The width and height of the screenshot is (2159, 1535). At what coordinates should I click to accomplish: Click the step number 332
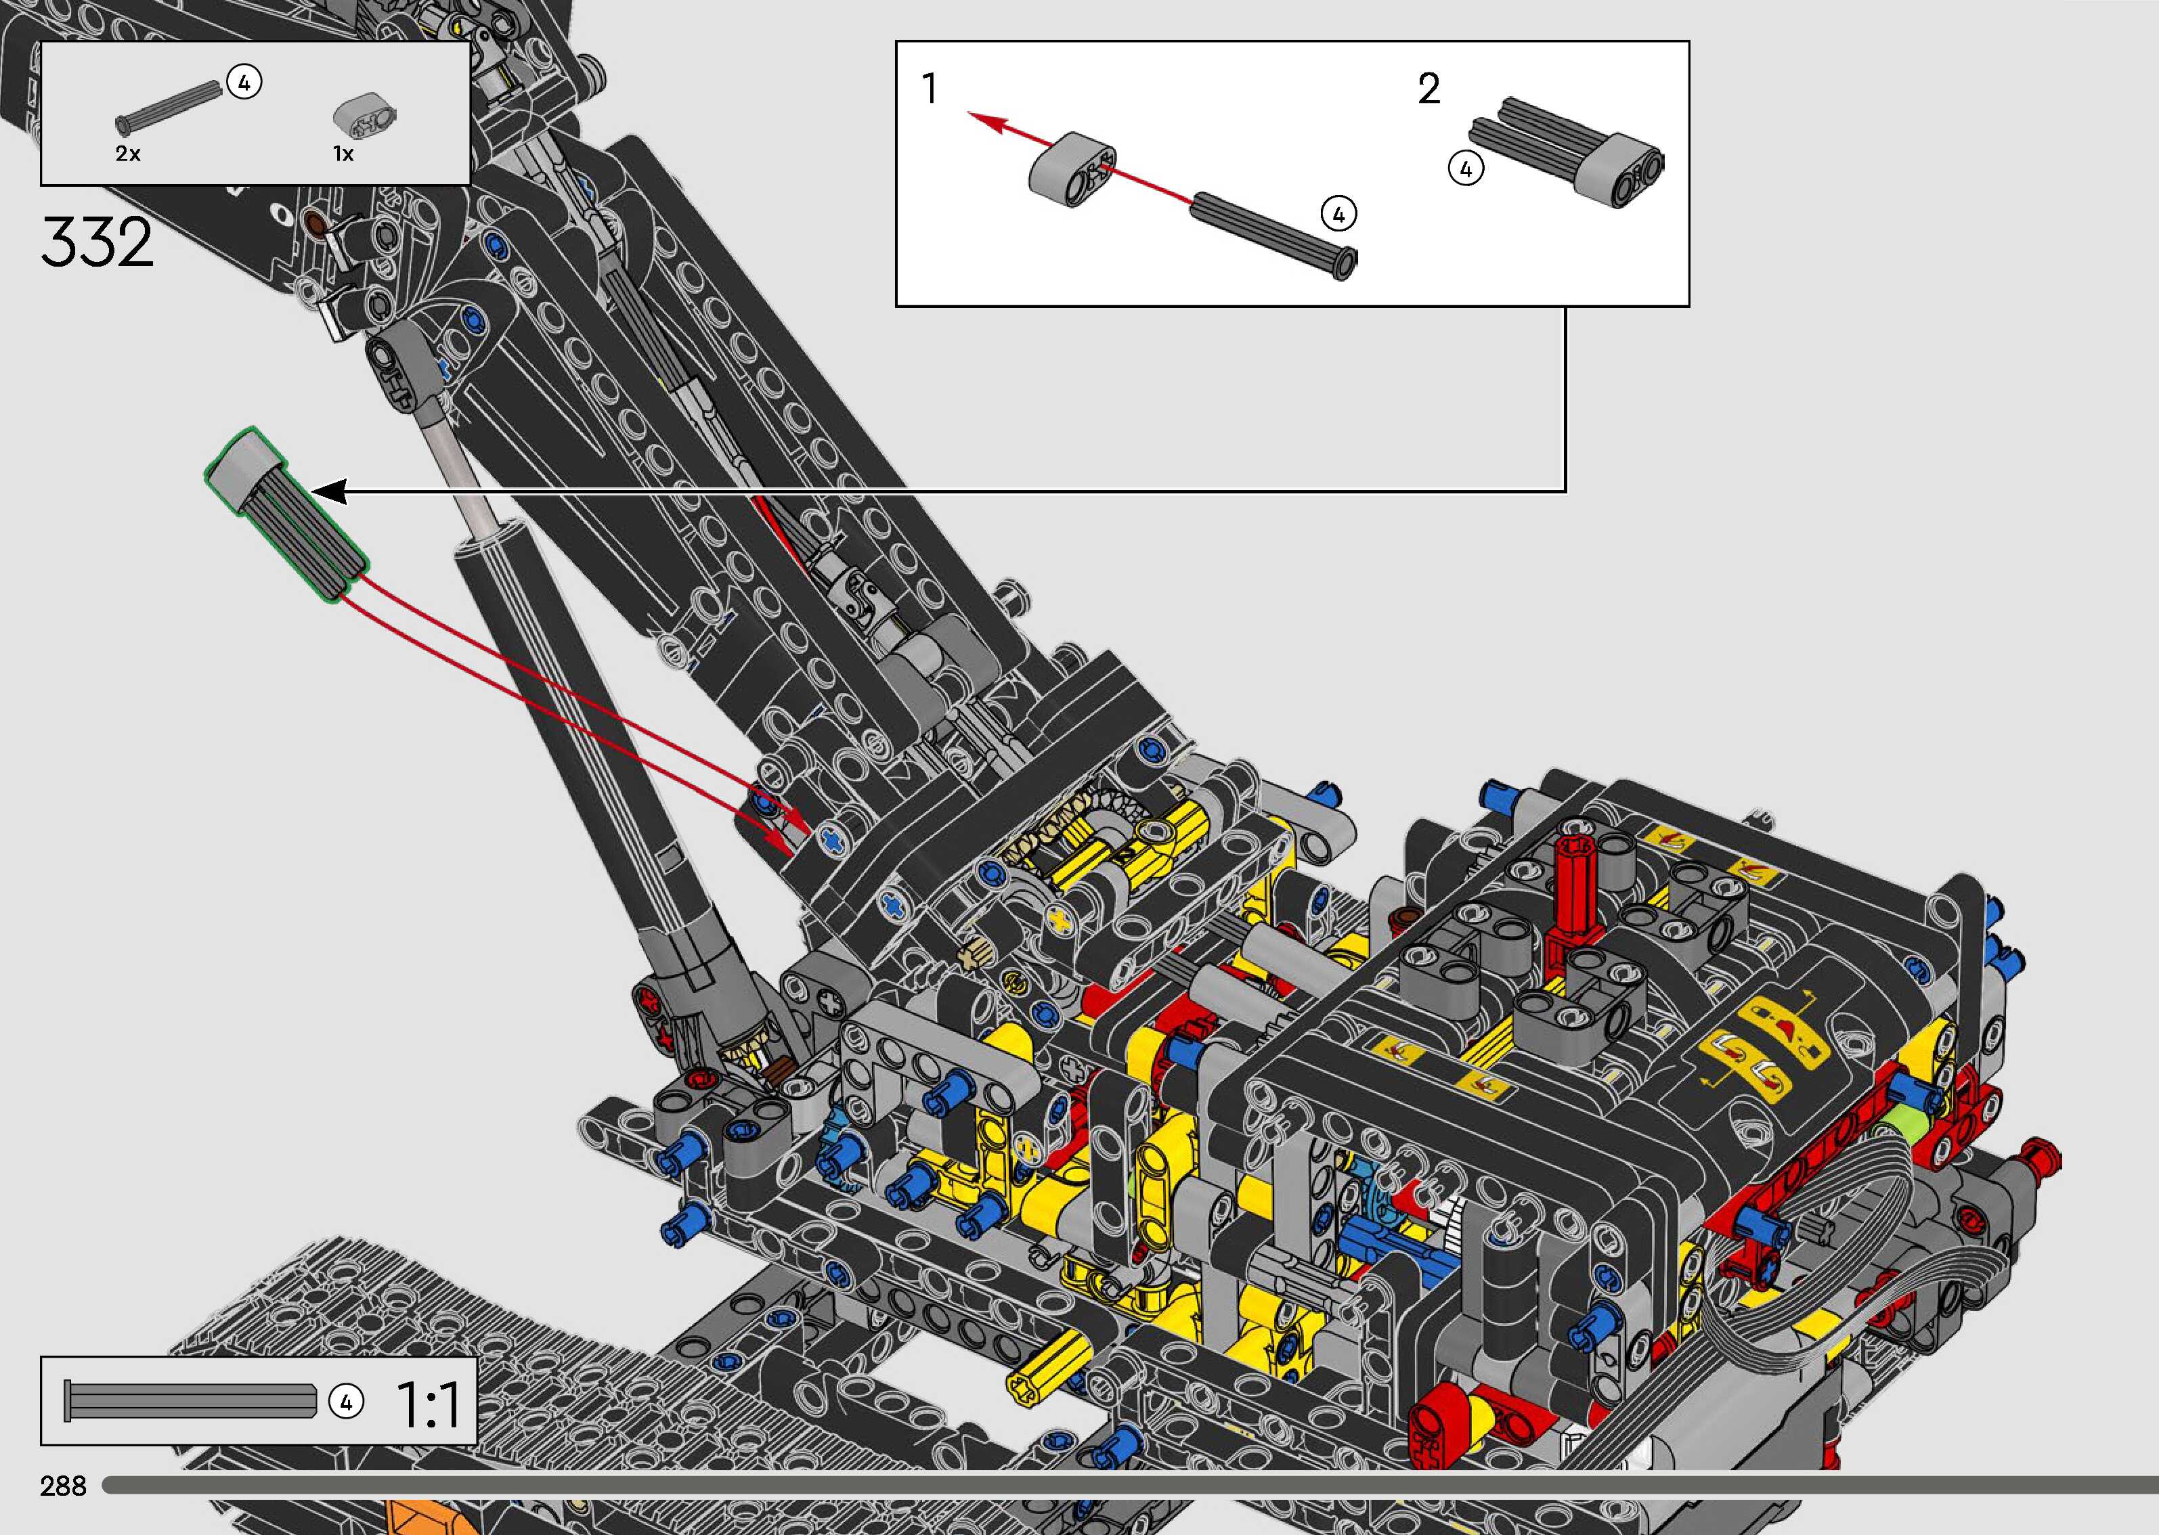pos(96,242)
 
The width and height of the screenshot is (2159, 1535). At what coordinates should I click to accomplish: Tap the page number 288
pos(64,1485)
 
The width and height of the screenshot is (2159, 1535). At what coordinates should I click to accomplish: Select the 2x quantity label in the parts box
pos(127,153)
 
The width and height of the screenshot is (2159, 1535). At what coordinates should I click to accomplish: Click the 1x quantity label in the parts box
pos(343,153)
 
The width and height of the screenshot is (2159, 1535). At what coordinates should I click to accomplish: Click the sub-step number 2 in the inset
pos(1429,89)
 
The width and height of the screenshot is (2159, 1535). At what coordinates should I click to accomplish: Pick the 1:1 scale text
pos(428,1404)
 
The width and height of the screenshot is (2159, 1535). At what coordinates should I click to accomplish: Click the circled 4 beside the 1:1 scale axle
pos(346,1402)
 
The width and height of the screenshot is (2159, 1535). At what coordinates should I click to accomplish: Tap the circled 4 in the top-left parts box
pos(244,83)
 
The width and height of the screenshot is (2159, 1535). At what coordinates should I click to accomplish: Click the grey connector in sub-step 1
pos(1072,170)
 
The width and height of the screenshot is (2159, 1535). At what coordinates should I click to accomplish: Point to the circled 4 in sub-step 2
pos(1465,169)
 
